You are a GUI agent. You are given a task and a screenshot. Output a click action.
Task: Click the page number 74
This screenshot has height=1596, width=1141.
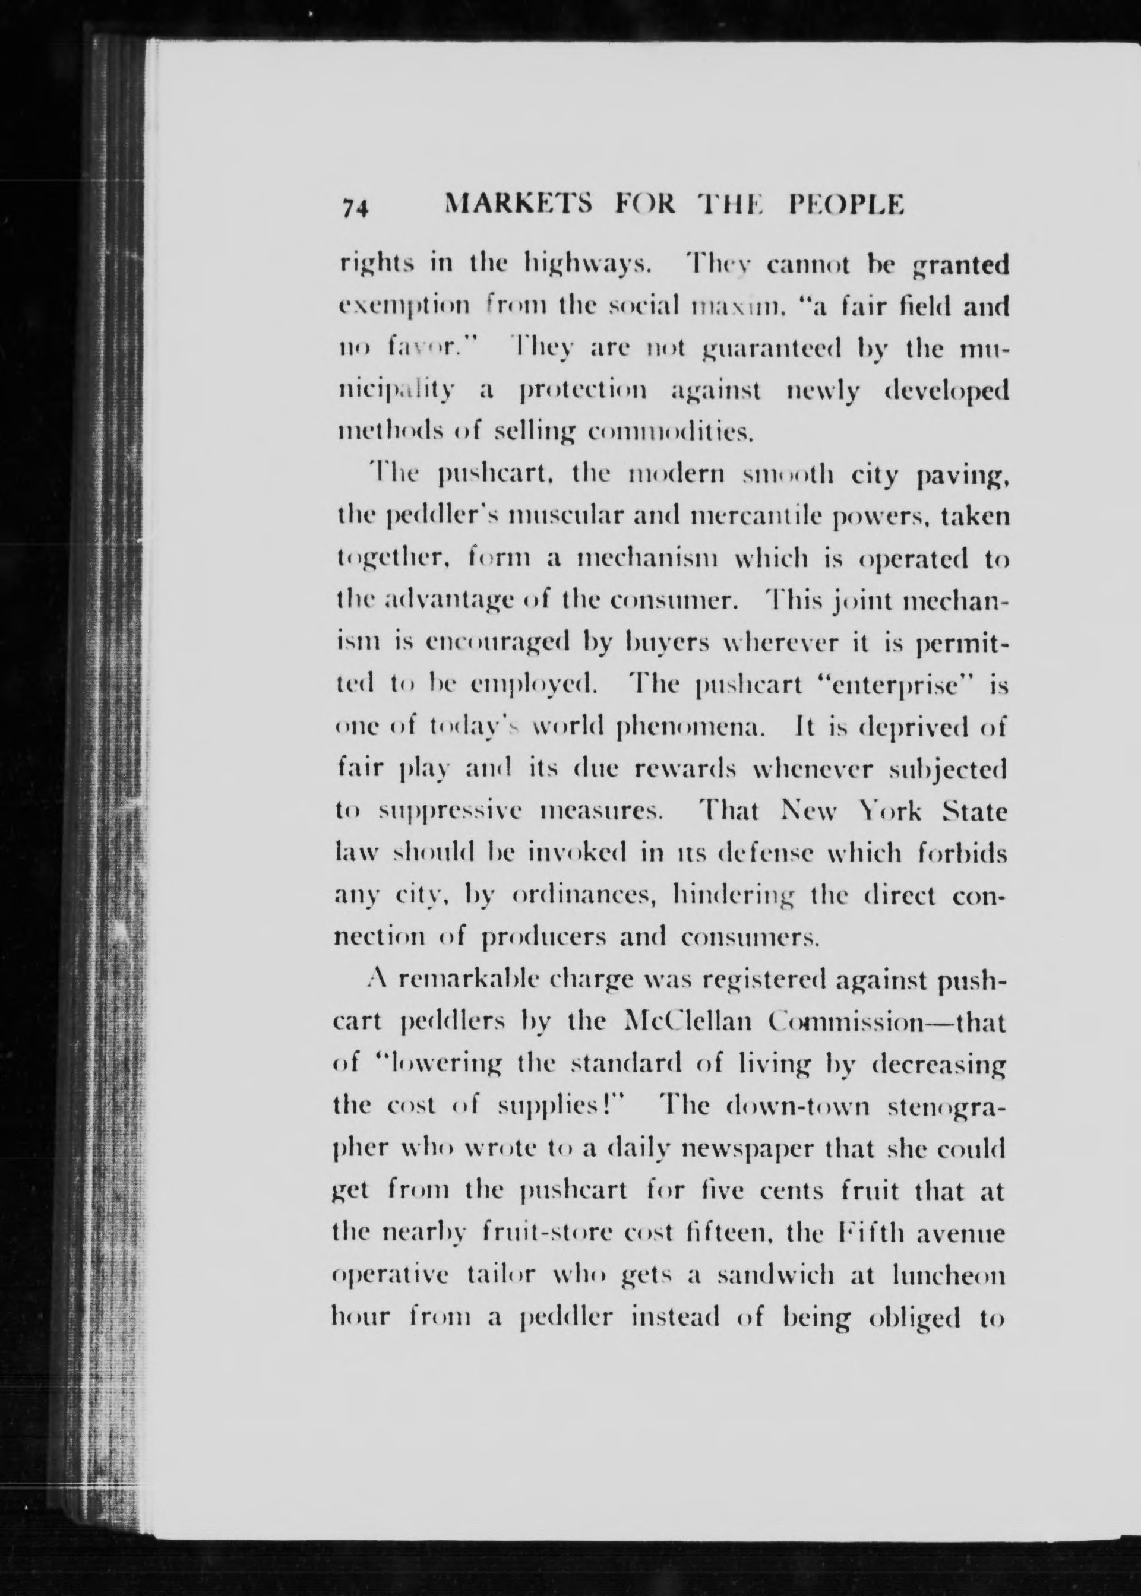point(356,208)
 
